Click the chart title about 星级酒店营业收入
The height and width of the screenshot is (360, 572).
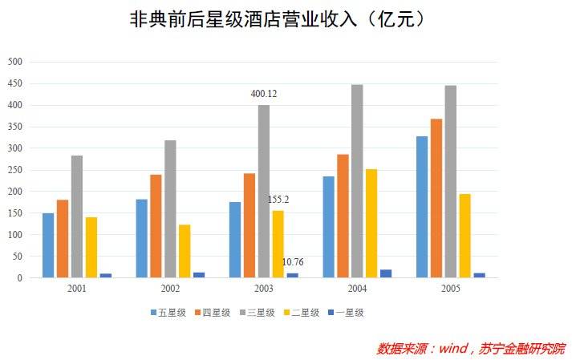277,19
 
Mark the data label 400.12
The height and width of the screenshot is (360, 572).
264,94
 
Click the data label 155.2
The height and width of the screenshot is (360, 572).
279,199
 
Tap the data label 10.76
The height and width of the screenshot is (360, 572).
293,262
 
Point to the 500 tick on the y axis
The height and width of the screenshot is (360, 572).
15,62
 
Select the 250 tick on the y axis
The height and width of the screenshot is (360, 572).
15,170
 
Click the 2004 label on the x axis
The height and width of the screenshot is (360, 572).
357,288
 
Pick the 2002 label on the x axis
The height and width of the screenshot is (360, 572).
170,288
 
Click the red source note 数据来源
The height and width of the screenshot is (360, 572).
470,349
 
